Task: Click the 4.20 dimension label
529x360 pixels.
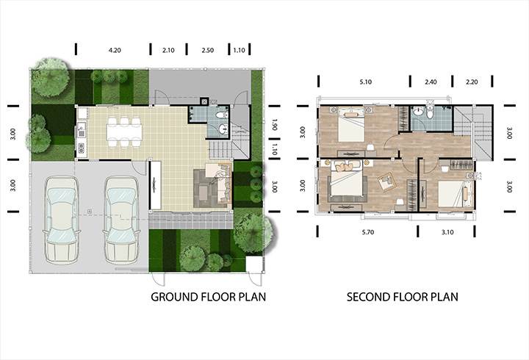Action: click(x=115, y=50)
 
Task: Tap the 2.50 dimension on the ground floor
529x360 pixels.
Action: click(x=207, y=50)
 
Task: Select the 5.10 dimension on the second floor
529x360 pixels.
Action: click(x=366, y=82)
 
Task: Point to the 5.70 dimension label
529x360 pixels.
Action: click(x=368, y=232)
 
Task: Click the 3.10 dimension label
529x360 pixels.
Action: click(x=447, y=232)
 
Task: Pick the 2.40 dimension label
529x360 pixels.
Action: click(x=431, y=82)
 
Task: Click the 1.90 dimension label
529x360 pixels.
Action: click(x=274, y=124)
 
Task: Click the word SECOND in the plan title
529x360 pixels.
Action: click(x=369, y=297)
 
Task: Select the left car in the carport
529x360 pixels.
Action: click(x=62, y=220)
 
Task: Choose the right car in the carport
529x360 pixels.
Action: click(x=121, y=220)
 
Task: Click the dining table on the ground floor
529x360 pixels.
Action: click(x=124, y=132)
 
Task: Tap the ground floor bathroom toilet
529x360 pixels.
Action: click(x=221, y=115)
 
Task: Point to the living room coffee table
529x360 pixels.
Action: click(x=204, y=192)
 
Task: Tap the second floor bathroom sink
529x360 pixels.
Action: click(x=418, y=111)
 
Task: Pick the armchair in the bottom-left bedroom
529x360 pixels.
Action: click(x=386, y=181)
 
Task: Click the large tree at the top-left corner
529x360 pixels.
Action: click(x=51, y=78)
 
